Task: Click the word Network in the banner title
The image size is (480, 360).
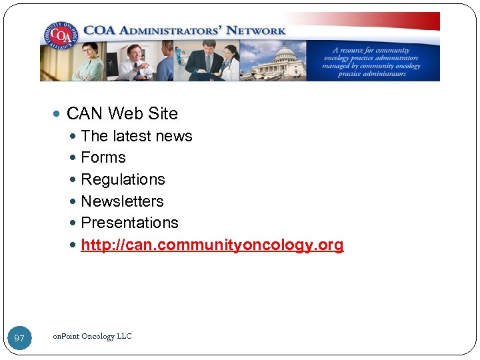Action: tap(256, 30)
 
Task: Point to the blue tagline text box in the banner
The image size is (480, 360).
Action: tap(371, 61)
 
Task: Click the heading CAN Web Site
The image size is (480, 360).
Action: tap(122, 114)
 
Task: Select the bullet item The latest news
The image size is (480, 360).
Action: tap(136, 136)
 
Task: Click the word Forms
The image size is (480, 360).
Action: tap(103, 157)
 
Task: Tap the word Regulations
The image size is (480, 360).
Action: tap(123, 179)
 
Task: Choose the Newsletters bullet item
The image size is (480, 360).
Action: tap(122, 201)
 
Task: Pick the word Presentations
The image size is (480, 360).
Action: tap(129, 223)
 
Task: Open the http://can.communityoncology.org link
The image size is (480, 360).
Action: tap(212, 245)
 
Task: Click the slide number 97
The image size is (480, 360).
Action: tap(19, 339)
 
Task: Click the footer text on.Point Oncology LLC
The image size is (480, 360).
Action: tap(92, 336)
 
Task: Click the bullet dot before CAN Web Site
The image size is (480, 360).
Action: tap(59, 115)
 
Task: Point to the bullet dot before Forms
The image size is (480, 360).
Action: tap(73, 158)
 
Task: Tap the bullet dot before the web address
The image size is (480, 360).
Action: tap(73, 245)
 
